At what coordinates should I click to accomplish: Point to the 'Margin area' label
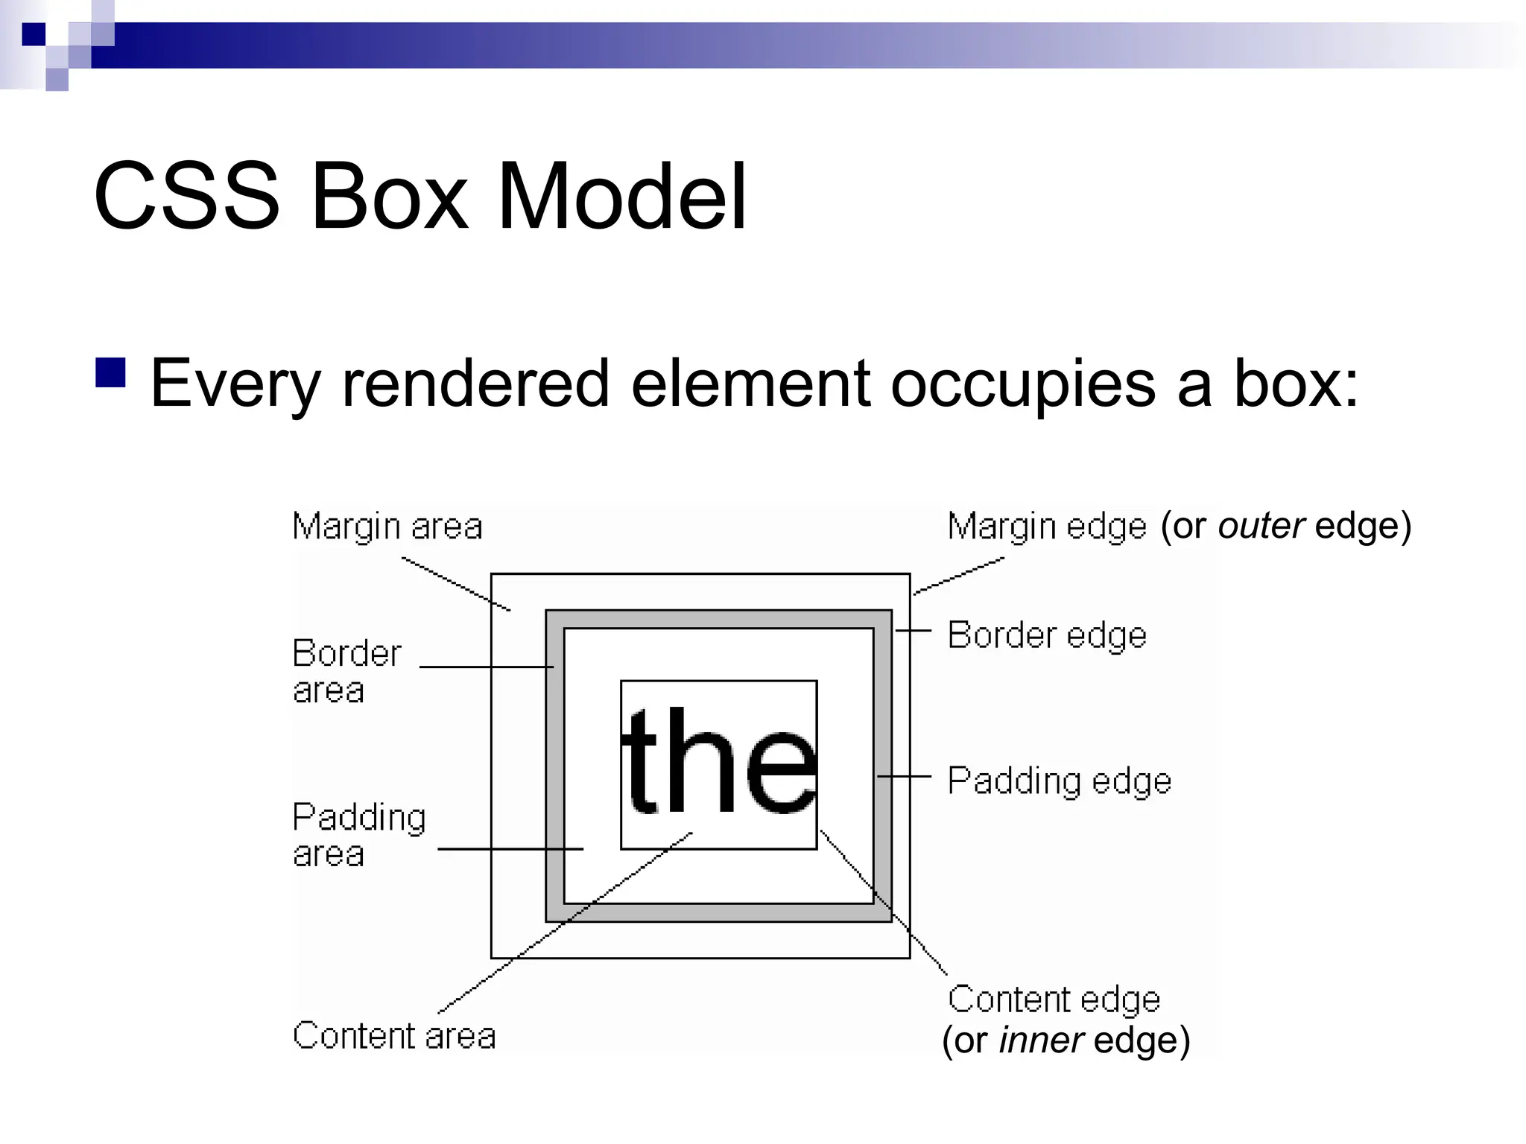[387, 527]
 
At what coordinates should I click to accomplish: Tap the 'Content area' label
[394, 1036]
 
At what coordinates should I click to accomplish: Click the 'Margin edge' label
[1047, 527]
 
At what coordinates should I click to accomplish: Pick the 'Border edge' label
[1047, 636]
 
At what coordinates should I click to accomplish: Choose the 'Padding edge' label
[1060, 781]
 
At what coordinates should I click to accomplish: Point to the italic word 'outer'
[1261, 526]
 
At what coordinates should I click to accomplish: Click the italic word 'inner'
[1041, 1040]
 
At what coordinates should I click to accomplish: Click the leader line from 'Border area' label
[484, 667]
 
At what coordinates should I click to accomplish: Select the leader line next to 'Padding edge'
[904, 776]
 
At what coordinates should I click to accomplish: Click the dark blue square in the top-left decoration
[34, 34]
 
